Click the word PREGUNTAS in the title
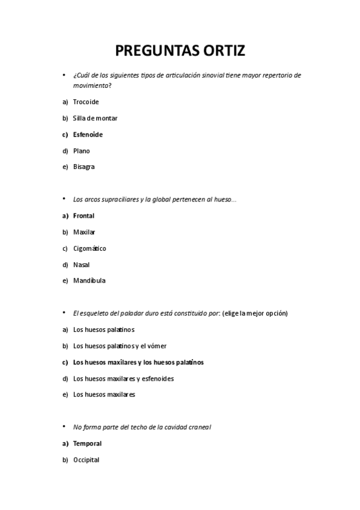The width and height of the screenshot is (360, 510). pyautogui.click(x=152, y=50)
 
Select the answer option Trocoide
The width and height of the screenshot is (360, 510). pyautogui.click(x=86, y=102)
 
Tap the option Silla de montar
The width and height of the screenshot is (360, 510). pyautogui.click(x=95, y=118)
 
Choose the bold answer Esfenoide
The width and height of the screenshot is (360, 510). pyautogui.click(x=88, y=134)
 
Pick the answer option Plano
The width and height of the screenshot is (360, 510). pyautogui.click(x=81, y=150)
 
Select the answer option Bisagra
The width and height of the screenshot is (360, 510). pyautogui.click(x=84, y=167)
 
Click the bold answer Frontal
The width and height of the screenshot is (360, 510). pyautogui.click(x=84, y=215)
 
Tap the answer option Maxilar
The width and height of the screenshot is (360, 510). pyautogui.click(x=84, y=232)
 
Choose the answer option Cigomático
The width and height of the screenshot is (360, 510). pyautogui.click(x=90, y=248)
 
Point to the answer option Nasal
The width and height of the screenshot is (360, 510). pyautogui.click(x=82, y=264)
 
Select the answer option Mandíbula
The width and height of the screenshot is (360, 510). pyautogui.click(x=89, y=280)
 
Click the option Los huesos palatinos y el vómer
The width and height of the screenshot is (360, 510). pyautogui.click(x=120, y=346)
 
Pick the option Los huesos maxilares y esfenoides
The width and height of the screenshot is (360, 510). pyautogui.click(x=123, y=378)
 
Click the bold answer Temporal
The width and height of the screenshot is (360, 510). pyautogui.click(x=87, y=443)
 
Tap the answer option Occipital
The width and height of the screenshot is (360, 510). pyautogui.click(x=86, y=459)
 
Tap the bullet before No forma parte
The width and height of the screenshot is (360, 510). pyautogui.click(x=64, y=426)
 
